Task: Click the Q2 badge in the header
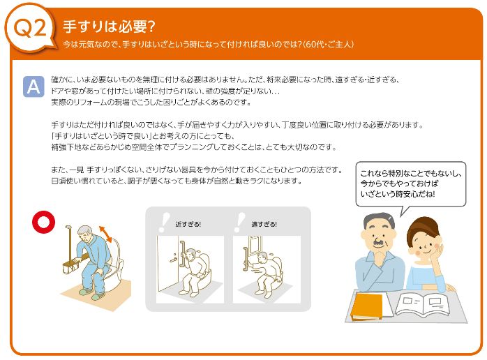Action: (30, 27)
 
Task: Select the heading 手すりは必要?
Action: (109, 27)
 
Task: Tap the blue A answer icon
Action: (33, 87)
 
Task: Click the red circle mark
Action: (44, 222)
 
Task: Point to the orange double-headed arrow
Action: (105, 234)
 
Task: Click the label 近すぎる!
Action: (188, 224)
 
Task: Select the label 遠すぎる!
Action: (264, 224)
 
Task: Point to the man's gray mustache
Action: (378, 241)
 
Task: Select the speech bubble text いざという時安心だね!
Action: (398, 194)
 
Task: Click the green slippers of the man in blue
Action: (93, 294)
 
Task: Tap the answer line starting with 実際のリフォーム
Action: (151, 102)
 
